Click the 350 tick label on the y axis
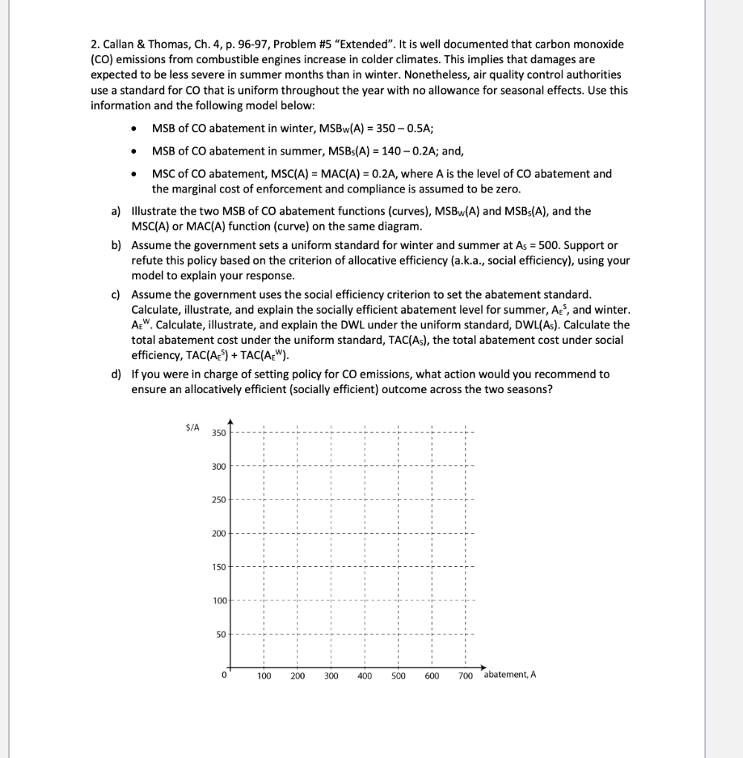click(218, 433)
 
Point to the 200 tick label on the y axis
click(218, 534)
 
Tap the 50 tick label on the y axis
click(220, 634)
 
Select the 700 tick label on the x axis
click(466, 676)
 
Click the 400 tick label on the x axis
click(364, 676)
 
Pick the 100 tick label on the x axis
click(264, 676)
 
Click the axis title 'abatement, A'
click(510, 675)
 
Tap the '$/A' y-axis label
click(192, 427)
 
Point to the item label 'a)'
click(116, 211)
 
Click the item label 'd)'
click(116, 375)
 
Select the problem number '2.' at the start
click(95, 44)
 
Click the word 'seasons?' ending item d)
click(530, 389)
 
